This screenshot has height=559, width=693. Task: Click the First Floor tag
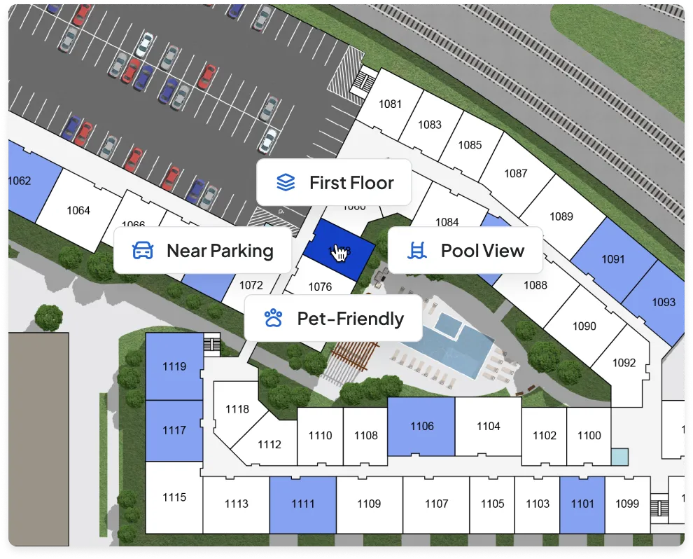tap(334, 183)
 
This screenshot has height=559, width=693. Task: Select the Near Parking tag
tap(202, 250)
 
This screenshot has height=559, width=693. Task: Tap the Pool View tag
tap(465, 250)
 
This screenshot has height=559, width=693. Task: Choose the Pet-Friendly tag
tap(333, 319)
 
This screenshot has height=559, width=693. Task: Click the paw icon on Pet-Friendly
tap(273, 319)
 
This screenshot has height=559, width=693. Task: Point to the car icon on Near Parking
tap(143, 250)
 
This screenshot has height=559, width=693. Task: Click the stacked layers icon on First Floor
tap(285, 183)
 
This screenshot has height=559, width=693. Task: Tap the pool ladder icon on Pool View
tap(418, 250)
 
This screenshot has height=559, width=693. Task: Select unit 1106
tap(422, 426)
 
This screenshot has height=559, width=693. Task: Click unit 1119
tap(174, 366)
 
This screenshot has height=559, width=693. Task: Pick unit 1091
tap(612, 259)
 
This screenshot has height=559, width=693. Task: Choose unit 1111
tap(303, 504)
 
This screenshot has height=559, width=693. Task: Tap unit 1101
tap(582, 504)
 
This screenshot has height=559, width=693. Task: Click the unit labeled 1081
tap(390, 104)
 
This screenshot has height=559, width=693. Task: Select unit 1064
tap(78, 210)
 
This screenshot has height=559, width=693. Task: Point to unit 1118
tap(237, 409)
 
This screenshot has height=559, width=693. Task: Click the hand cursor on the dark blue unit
tap(339, 252)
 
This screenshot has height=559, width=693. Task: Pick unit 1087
tap(516, 174)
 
